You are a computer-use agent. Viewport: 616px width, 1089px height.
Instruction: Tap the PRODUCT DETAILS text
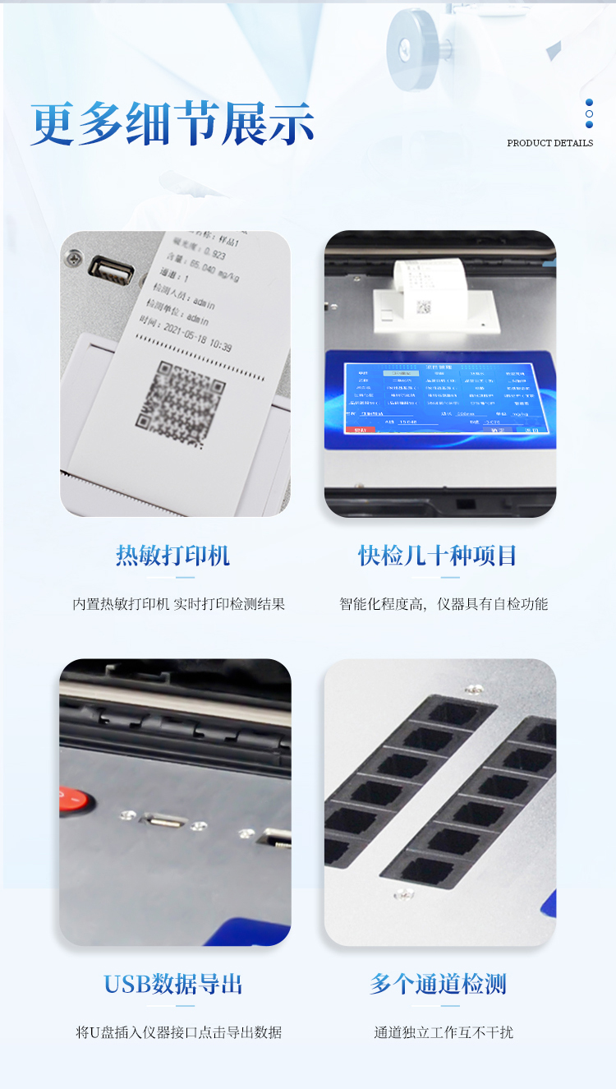549,143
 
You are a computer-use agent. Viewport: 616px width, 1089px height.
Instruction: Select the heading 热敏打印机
172,556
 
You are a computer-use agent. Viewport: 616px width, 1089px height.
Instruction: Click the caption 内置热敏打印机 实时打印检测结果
179,604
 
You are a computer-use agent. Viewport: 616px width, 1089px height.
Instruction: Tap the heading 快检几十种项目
438,556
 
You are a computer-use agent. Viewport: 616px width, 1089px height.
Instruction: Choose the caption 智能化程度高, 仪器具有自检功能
444,604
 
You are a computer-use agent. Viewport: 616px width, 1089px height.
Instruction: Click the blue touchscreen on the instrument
440,399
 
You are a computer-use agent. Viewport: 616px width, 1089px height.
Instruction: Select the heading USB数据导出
172,984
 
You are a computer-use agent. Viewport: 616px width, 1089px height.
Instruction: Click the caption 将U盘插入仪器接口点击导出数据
179,1032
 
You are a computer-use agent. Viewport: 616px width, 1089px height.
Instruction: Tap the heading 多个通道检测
438,984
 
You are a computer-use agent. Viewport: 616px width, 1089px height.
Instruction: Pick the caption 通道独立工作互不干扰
444,1032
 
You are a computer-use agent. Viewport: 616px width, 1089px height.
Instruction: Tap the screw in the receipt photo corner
75,257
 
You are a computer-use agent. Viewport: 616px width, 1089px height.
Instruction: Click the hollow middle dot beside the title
589,113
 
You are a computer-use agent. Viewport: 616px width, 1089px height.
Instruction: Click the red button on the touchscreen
359,430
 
